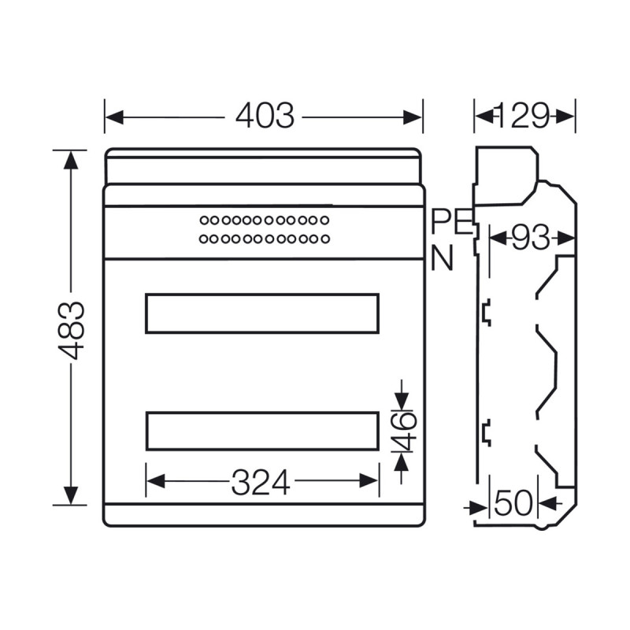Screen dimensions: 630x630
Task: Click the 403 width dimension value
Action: [x=265, y=117]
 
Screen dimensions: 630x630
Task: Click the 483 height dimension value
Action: [x=72, y=329]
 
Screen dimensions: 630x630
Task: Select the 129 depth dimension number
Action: [x=524, y=117]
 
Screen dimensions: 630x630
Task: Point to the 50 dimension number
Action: [x=513, y=503]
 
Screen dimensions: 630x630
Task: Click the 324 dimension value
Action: [x=261, y=482]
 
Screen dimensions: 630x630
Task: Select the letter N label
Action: [x=443, y=259]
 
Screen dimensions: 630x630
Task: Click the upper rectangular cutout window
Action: [x=262, y=313]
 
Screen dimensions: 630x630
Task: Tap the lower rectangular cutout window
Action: [x=262, y=431]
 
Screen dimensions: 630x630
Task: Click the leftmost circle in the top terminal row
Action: [x=203, y=220]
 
